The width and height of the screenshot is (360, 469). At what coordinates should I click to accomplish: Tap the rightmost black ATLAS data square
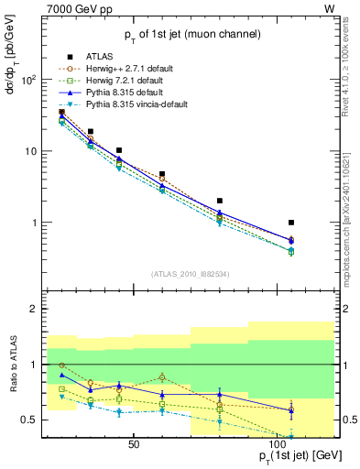(x=291, y=223)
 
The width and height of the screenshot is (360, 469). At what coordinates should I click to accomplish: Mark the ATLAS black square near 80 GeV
(x=219, y=201)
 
